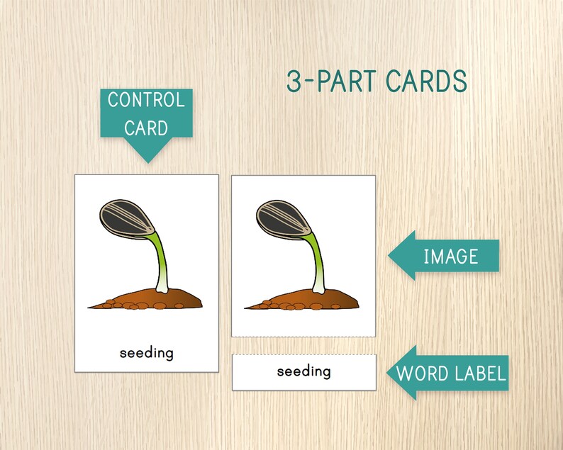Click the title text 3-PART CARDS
coord(376,81)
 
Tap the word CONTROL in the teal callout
coord(146,100)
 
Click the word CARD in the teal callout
coord(147,128)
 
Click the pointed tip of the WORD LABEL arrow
coord(388,372)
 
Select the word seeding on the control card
coord(147,352)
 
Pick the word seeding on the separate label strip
coord(303,371)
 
